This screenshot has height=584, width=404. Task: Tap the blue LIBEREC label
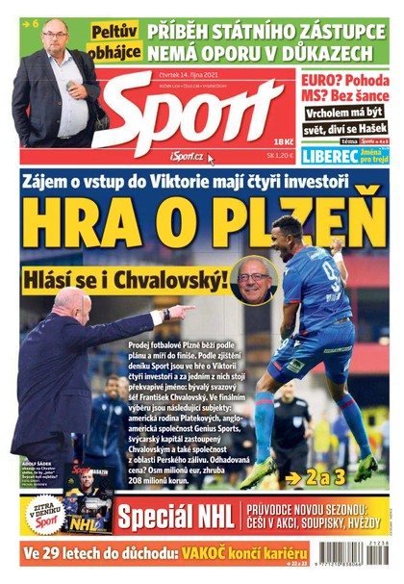point(330,155)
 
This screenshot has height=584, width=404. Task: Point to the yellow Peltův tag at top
point(114,32)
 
